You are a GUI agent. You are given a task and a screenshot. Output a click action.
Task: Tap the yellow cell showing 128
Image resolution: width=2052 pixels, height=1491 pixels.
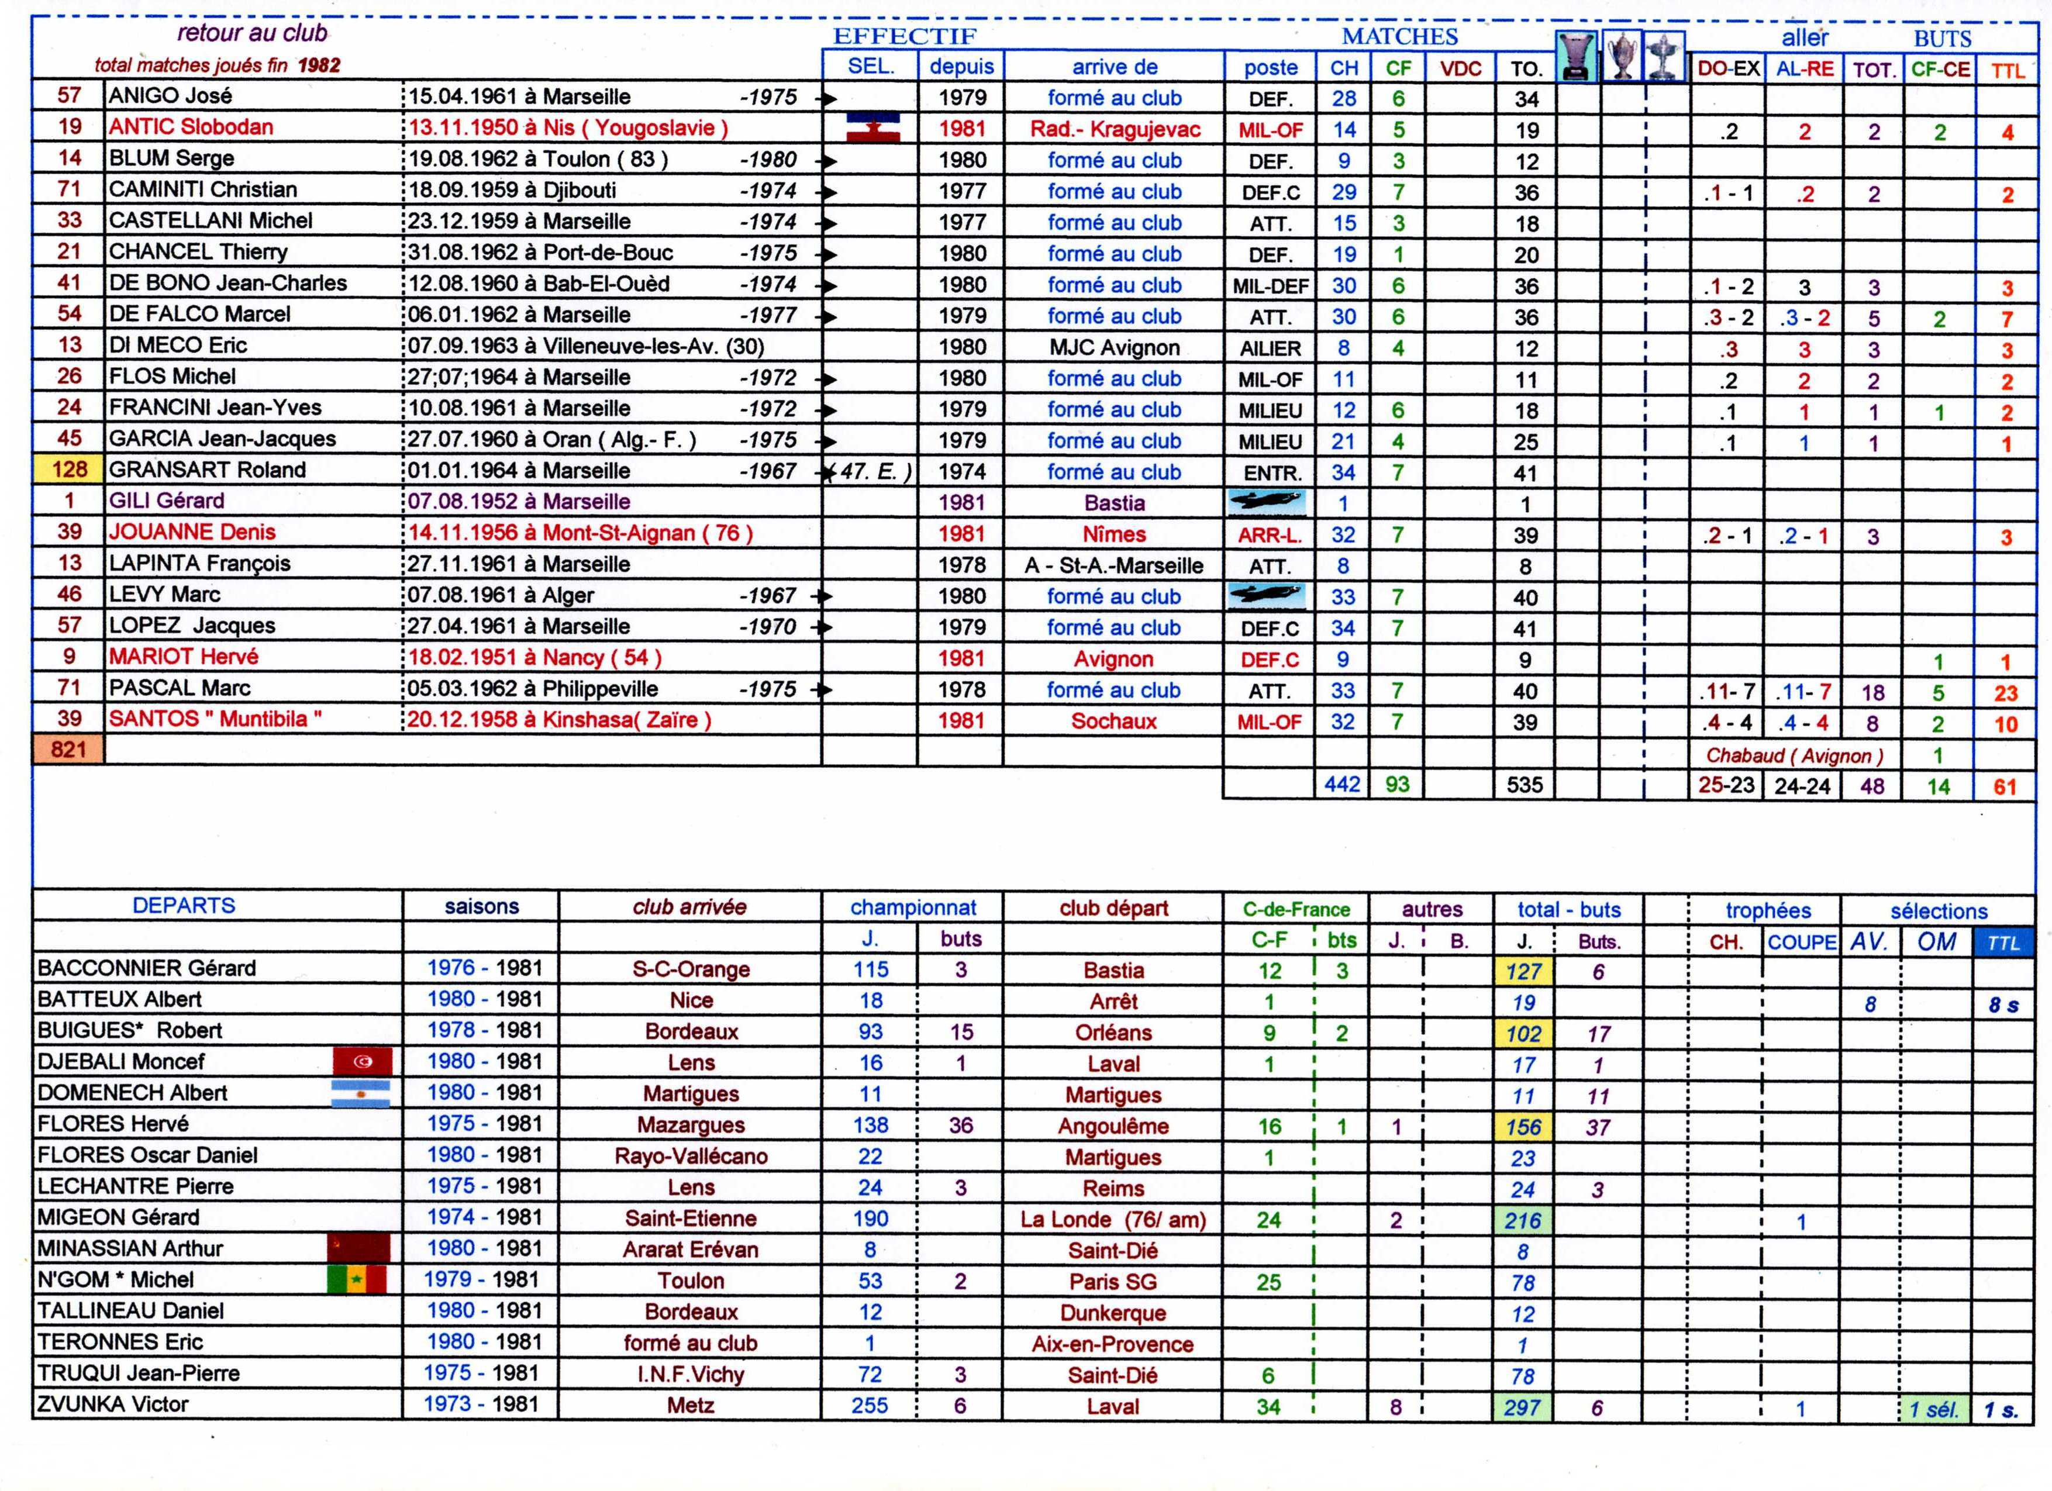click(69, 470)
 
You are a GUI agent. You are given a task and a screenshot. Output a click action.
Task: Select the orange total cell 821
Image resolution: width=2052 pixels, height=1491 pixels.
click(69, 749)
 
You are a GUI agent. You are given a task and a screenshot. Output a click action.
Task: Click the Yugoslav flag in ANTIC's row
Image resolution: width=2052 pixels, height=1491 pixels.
click(872, 127)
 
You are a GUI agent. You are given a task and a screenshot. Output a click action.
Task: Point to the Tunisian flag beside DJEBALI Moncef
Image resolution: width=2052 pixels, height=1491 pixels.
click(363, 1061)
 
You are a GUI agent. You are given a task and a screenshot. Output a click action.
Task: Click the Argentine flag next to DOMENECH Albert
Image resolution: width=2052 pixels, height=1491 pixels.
click(360, 1093)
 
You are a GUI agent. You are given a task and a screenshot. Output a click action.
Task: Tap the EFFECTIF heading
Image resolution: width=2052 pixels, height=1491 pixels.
click(904, 36)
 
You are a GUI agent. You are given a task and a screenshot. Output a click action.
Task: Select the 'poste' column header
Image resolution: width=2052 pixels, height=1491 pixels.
click(1270, 67)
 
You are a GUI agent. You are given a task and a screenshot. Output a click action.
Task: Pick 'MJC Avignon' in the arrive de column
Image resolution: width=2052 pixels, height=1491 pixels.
click(1114, 347)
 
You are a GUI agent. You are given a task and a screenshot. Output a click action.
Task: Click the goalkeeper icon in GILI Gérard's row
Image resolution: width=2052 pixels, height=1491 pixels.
click(1267, 501)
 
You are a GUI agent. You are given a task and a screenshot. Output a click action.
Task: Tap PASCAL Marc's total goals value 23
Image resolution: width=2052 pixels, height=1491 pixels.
click(2005, 693)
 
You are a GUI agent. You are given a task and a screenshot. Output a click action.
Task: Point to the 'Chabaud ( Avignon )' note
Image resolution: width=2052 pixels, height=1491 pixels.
click(1794, 755)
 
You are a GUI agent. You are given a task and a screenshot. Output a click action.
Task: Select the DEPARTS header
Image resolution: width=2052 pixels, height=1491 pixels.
click(184, 906)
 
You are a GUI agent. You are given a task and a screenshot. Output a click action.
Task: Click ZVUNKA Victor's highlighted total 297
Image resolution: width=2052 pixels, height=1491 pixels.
click(1523, 1407)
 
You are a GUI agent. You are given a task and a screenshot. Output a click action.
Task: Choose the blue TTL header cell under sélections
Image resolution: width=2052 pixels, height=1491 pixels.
click(2002, 943)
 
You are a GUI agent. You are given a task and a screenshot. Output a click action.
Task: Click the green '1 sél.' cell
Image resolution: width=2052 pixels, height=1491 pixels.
click(1934, 1409)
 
